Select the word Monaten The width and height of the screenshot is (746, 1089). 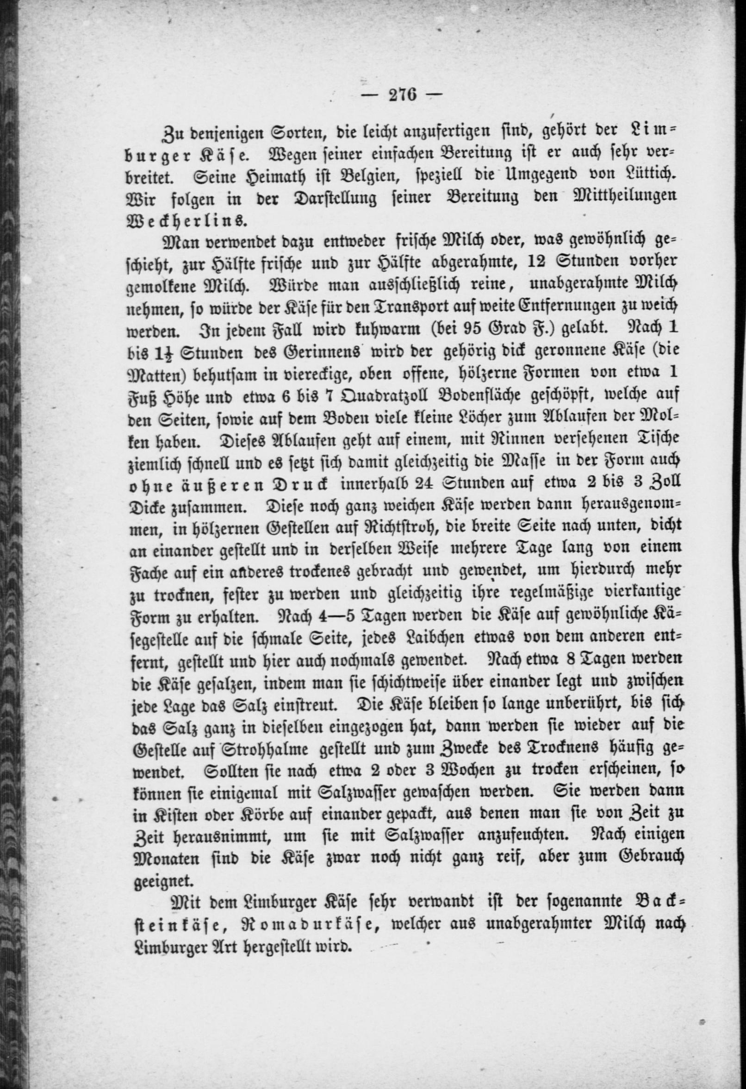164,858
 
